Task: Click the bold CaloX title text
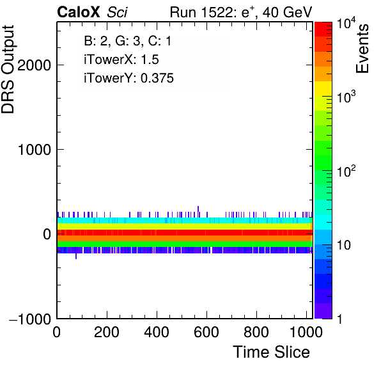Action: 79,12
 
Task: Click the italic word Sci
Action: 117,12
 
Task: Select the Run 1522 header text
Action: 203,12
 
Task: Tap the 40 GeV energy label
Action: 287,12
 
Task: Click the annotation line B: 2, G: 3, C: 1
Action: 128,41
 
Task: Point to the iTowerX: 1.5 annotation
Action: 121,60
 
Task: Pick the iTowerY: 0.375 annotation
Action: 128,78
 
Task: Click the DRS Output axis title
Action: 8,70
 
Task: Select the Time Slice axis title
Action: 271,352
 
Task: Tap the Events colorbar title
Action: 362,49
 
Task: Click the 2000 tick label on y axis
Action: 34,65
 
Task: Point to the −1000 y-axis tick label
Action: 30,319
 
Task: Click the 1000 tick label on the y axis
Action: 35,150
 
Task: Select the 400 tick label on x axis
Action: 157,332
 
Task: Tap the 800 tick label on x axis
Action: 256,332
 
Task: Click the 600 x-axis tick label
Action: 206,332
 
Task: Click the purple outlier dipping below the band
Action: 76,256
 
